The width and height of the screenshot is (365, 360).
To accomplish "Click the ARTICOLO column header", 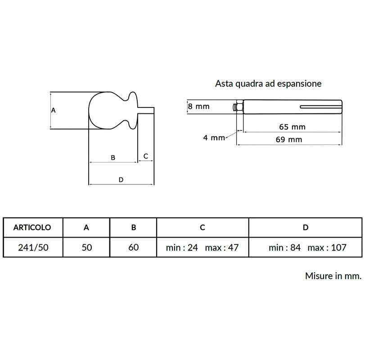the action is tap(32, 227).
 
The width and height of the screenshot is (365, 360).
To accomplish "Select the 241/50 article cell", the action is tap(33, 247).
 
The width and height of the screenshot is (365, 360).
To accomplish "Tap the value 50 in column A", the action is tap(86, 247).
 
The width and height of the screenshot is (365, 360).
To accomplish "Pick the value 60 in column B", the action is tap(133, 247).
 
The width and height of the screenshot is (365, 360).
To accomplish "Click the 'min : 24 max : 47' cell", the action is tap(202, 247).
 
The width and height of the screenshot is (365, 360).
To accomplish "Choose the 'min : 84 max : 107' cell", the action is tap(307, 247).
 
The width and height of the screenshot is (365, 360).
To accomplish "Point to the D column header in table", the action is tap(306, 227).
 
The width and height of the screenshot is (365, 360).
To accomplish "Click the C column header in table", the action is tap(202, 227).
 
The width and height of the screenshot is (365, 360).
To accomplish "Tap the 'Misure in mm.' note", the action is tap(333, 276).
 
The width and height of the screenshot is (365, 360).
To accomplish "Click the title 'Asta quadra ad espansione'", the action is tap(268, 84).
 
